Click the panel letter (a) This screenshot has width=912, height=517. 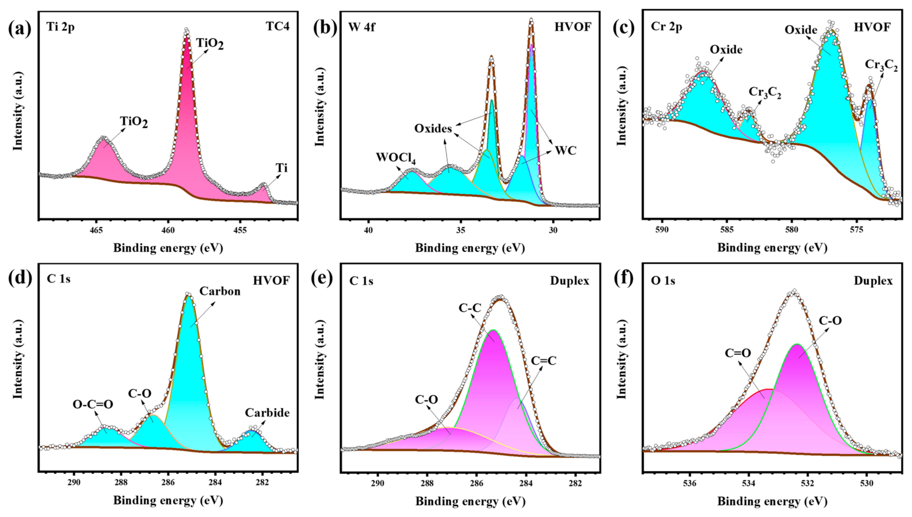click(x=19, y=28)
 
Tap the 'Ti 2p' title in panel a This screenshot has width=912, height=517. click(x=60, y=27)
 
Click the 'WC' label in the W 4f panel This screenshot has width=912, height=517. click(x=566, y=151)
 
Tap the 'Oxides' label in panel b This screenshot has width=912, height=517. click(x=433, y=128)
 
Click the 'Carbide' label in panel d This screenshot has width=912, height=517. click(x=267, y=413)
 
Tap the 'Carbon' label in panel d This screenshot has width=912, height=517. click(x=220, y=291)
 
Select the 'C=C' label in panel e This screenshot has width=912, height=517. click(x=543, y=361)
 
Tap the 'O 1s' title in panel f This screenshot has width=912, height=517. click(x=663, y=281)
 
